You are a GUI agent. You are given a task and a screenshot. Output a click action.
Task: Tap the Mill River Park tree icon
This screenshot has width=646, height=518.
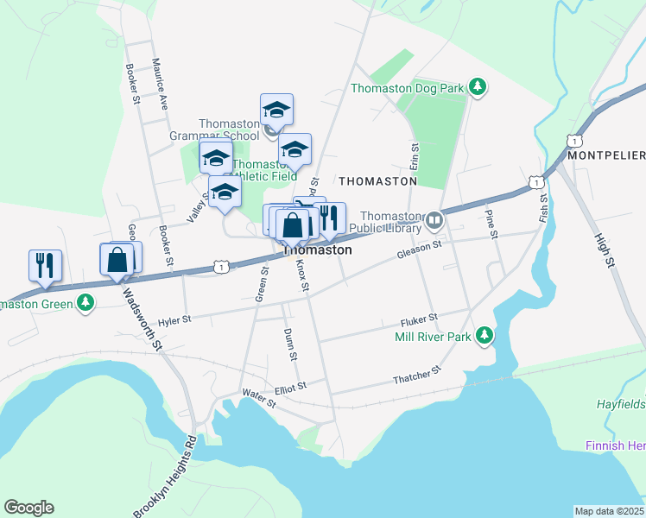click(x=485, y=335)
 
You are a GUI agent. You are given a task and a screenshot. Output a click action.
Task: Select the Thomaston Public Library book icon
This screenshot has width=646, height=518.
click(x=434, y=220)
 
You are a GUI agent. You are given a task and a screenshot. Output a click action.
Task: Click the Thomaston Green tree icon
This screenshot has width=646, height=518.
click(x=85, y=302)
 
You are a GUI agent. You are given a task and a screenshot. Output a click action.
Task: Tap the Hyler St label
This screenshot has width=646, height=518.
click(x=174, y=319)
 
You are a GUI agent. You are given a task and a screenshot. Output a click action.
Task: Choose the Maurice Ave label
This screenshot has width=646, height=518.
click(x=159, y=84)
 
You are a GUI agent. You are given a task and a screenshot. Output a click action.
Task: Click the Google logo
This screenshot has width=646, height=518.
click(x=28, y=508)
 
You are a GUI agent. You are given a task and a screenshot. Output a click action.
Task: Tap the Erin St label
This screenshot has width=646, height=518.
click(x=414, y=157)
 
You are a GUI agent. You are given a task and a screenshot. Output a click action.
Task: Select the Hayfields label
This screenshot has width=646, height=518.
click(x=620, y=404)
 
